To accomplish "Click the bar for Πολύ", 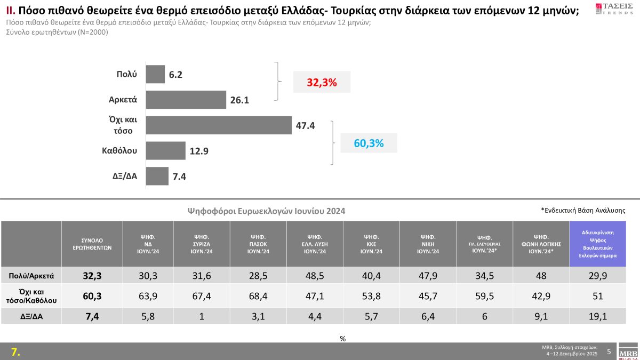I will pyautogui.click(x=155, y=74).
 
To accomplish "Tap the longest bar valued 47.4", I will pyautogui.click(x=218, y=125).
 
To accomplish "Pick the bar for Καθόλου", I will pyautogui.click(x=165, y=150).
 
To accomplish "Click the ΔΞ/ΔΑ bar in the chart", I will pyautogui.click(x=157, y=176).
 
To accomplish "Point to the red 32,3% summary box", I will pyautogui.click(x=322, y=83).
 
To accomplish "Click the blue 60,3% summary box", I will pyautogui.click(x=369, y=143).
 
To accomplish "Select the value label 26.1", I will pyautogui.click(x=240, y=100).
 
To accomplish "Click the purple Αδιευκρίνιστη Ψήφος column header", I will pyautogui.click(x=597, y=244).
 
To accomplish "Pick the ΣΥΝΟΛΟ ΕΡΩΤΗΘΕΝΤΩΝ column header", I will pyautogui.click(x=92, y=244).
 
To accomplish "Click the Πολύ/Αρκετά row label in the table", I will pyautogui.click(x=31, y=276).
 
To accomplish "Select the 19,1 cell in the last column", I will pyautogui.click(x=597, y=316).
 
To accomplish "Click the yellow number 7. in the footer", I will pyautogui.click(x=16, y=352).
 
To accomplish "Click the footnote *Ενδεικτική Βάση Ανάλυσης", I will pyautogui.click(x=583, y=210).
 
